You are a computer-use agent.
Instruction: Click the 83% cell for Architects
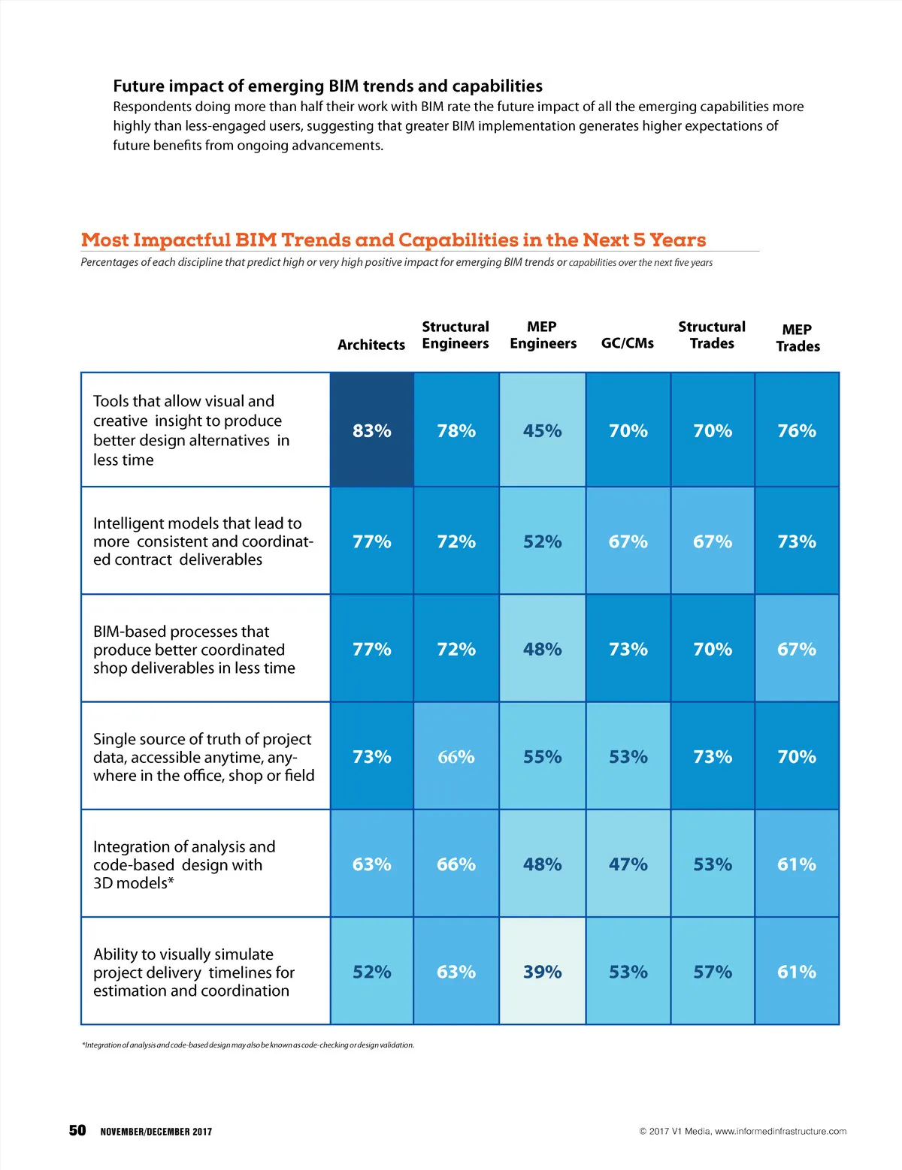(372, 430)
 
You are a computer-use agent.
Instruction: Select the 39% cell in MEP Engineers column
(542, 972)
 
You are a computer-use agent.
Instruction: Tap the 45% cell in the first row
(542, 430)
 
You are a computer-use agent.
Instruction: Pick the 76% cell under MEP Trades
(797, 430)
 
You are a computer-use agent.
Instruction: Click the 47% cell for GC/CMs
(628, 864)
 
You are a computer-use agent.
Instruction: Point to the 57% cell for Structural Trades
(713, 972)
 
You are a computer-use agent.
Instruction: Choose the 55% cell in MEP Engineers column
(542, 757)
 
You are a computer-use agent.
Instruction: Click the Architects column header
(371, 345)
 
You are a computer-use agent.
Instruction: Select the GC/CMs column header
(628, 343)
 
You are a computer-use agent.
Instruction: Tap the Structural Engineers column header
(456, 335)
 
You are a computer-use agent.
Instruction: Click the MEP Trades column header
(798, 338)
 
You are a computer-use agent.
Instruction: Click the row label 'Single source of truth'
(204, 757)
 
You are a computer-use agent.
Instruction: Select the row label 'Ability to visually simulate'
(194, 972)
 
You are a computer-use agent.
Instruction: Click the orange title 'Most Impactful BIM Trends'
(393, 240)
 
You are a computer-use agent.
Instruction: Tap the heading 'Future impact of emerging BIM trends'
(328, 86)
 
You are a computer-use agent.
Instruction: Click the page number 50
(77, 1130)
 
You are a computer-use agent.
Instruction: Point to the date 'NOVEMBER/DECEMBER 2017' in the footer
(156, 1132)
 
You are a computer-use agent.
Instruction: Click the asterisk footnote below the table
(248, 1045)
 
